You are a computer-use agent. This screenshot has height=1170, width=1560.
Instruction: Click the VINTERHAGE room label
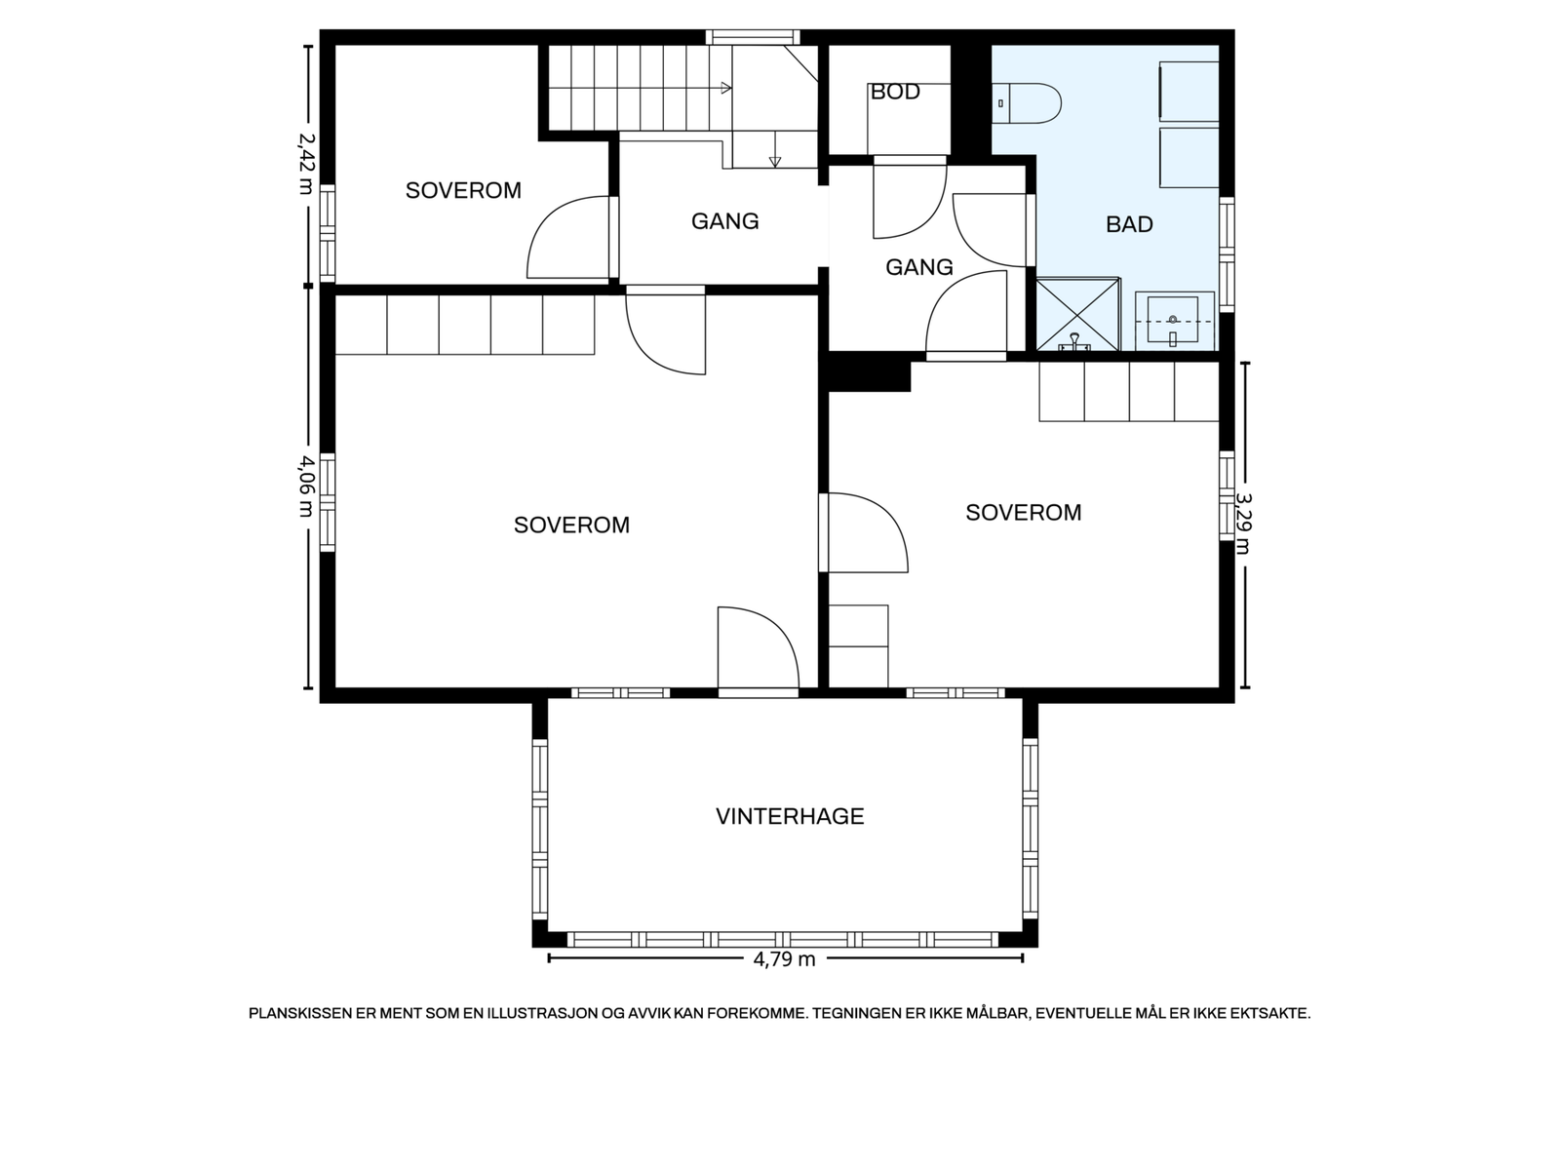coord(790,816)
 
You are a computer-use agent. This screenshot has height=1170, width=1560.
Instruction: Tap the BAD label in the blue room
coord(1129,224)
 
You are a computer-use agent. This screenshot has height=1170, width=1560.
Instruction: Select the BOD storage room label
coord(895,92)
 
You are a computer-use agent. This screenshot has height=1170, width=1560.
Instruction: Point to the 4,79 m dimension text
coord(784,959)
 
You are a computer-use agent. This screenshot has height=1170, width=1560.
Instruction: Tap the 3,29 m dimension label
coord(1244,524)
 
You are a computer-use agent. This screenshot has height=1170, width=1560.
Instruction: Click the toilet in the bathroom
coord(1027,103)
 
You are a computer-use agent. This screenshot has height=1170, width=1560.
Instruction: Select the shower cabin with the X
coord(1077,315)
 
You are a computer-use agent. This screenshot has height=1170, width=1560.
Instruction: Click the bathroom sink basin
coord(1173,321)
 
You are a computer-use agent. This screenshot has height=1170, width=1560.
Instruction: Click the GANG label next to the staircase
coord(725,221)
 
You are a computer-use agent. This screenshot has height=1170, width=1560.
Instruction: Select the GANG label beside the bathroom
coord(919,267)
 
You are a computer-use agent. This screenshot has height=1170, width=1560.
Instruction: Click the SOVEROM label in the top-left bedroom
coord(463,190)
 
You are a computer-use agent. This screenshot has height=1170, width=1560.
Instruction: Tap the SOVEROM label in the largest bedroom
coord(571,525)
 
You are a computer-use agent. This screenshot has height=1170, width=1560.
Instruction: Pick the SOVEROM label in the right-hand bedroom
coord(1024,512)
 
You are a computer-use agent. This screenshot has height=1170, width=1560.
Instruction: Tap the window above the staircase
coord(753,37)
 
